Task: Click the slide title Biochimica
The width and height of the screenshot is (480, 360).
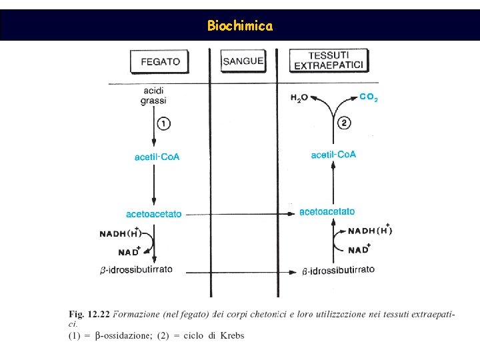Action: click(239, 26)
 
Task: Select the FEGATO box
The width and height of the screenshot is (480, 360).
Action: click(160, 61)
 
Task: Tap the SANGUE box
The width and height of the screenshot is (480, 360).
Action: click(243, 61)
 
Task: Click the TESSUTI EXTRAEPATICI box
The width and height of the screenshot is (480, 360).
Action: click(330, 60)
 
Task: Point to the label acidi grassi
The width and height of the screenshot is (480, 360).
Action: click(153, 95)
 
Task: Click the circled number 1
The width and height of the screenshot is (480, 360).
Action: click(164, 123)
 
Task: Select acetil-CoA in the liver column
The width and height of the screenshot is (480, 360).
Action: click(157, 157)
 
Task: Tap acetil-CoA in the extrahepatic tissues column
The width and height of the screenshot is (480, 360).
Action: click(333, 155)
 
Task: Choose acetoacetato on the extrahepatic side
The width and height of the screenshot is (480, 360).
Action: click(327, 212)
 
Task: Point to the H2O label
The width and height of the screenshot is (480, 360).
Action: click(299, 98)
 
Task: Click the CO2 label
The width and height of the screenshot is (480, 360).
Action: click(369, 97)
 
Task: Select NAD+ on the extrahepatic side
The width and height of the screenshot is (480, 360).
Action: click(359, 249)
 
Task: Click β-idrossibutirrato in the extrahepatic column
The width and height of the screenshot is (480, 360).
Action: click(338, 270)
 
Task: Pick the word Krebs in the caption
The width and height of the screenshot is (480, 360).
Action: click(231, 335)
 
